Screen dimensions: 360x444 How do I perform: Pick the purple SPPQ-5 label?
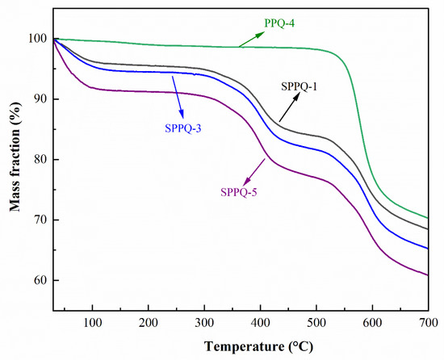[242, 192]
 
